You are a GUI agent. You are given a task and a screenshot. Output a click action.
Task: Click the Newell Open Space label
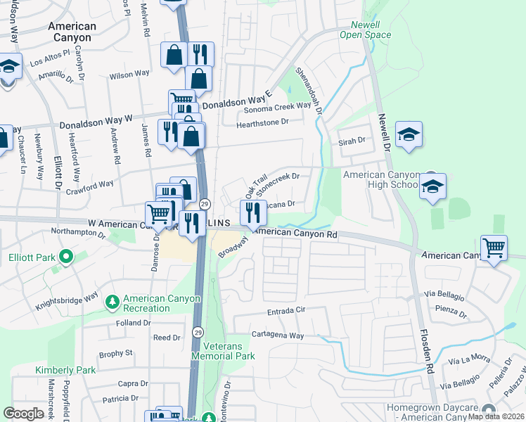tap(365, 29)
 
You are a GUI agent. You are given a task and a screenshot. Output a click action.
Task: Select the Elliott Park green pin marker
tap(67, 257)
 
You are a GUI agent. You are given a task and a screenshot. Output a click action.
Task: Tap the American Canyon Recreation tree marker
tap(112, 302)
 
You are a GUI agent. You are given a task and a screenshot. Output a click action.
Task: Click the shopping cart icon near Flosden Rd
tap(494, 248)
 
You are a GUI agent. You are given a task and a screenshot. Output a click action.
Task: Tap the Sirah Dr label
tap(352, 141)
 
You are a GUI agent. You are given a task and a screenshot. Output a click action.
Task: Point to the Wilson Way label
tap(129, 73)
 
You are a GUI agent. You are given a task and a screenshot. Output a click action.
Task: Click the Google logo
tap(23, 413)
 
